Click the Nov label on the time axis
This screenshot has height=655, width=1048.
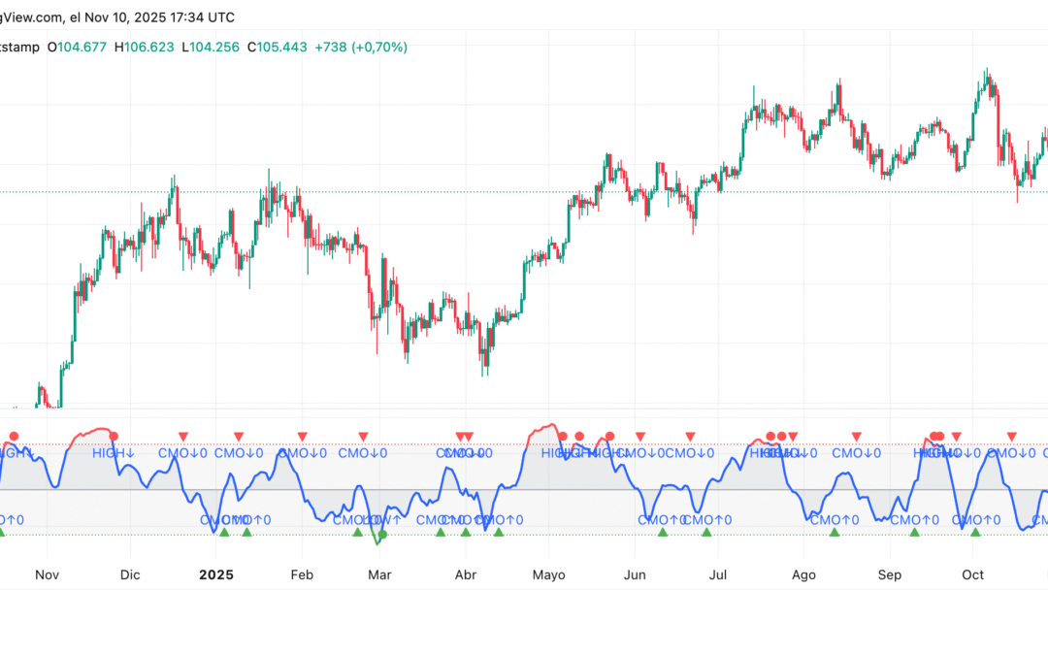(x=47, y=574)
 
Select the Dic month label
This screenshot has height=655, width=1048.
(x=129, y=574)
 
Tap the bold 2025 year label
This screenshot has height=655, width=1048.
(x=215, y=574)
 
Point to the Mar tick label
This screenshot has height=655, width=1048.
(x=379, y=574)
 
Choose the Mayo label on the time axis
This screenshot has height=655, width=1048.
(x=549, y=574)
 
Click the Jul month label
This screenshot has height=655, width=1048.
(x=719, y=574)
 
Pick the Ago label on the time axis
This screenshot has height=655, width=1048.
(x=803, y=574)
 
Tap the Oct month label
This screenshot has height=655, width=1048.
(x=972, y=574)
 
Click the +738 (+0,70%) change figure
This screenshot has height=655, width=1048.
(x=362, y=47)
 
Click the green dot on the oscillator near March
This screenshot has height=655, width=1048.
(x=382, y=534)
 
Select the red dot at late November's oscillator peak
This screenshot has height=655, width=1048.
(x=115, y=436)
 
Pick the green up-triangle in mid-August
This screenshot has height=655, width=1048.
(x=834, y=532)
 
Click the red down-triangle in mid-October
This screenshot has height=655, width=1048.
(x=1011, y=437)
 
